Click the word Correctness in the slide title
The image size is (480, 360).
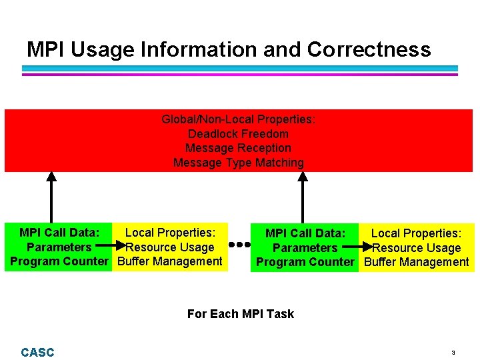[x=369, y=49]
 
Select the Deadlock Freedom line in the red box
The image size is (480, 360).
[x=238, y=134]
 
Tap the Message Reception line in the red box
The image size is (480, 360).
[x=238, y=148]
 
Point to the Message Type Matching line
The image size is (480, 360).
[x=238, y=163]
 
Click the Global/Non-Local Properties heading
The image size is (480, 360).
[x=238, y=119]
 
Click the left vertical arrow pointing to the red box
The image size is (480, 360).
[x=51, y=197]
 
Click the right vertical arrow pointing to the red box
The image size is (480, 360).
[x=303, y=197]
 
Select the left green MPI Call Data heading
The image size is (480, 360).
[x=59, y=233]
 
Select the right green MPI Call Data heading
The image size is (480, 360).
[x=305, y=233]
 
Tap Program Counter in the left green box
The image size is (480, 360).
[x=59, y=261]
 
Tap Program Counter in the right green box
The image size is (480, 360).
[x=305, y=262]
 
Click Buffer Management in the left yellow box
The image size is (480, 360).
[x=169, y=261]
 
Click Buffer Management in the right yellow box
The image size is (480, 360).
[x=417, y=262]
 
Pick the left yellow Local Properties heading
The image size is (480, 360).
[x=170, y=233]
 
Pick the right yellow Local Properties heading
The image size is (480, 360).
[x=416, y=233]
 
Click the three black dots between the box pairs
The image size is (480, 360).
[x=239, y=245]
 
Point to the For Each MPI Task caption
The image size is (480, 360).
[x=240, y=313]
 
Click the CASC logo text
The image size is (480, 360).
[x=37, y=352]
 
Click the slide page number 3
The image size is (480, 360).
[x=453, y=352]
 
